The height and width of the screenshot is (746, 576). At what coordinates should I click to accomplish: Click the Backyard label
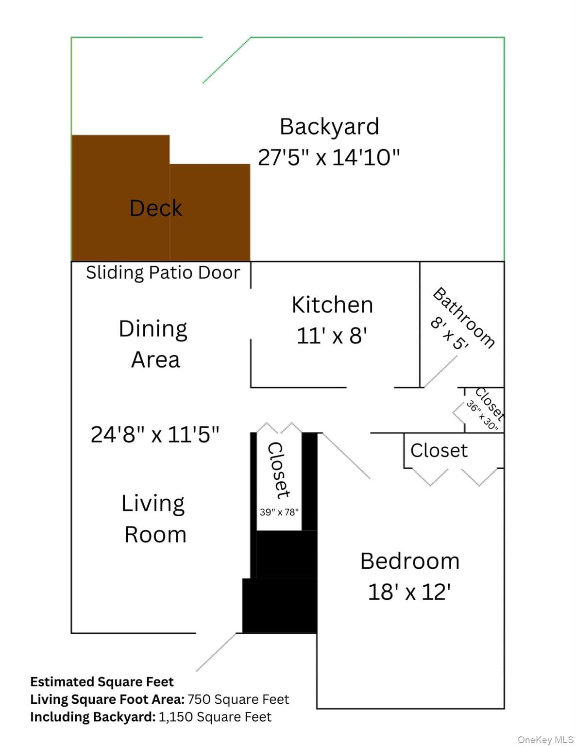329,127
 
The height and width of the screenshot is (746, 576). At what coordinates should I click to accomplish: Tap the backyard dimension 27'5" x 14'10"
329,157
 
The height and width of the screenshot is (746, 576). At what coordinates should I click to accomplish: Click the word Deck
155,208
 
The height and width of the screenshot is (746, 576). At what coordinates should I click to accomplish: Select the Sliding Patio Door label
163,273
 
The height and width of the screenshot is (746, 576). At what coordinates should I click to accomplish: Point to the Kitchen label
332,305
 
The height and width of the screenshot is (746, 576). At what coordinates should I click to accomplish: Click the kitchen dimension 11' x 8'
332,336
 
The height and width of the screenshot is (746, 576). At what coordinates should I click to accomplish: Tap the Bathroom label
463,318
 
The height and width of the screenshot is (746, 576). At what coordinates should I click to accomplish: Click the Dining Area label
154,344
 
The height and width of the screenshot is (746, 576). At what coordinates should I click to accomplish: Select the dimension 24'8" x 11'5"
155,435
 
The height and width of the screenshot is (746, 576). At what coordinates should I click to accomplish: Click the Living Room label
154,519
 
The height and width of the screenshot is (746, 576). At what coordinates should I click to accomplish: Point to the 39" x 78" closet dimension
279,512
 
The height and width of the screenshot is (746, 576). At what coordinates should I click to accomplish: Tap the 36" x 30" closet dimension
482,415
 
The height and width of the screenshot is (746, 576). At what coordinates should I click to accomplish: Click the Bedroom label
410,561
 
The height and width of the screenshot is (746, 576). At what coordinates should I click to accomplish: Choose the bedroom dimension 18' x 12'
409,592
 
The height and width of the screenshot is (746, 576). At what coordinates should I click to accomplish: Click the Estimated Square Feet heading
102,682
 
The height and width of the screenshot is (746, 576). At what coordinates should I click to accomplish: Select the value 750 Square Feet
238,699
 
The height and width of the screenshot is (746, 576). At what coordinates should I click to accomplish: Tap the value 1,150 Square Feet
215,717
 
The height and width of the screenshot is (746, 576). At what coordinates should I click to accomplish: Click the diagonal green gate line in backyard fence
226,60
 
